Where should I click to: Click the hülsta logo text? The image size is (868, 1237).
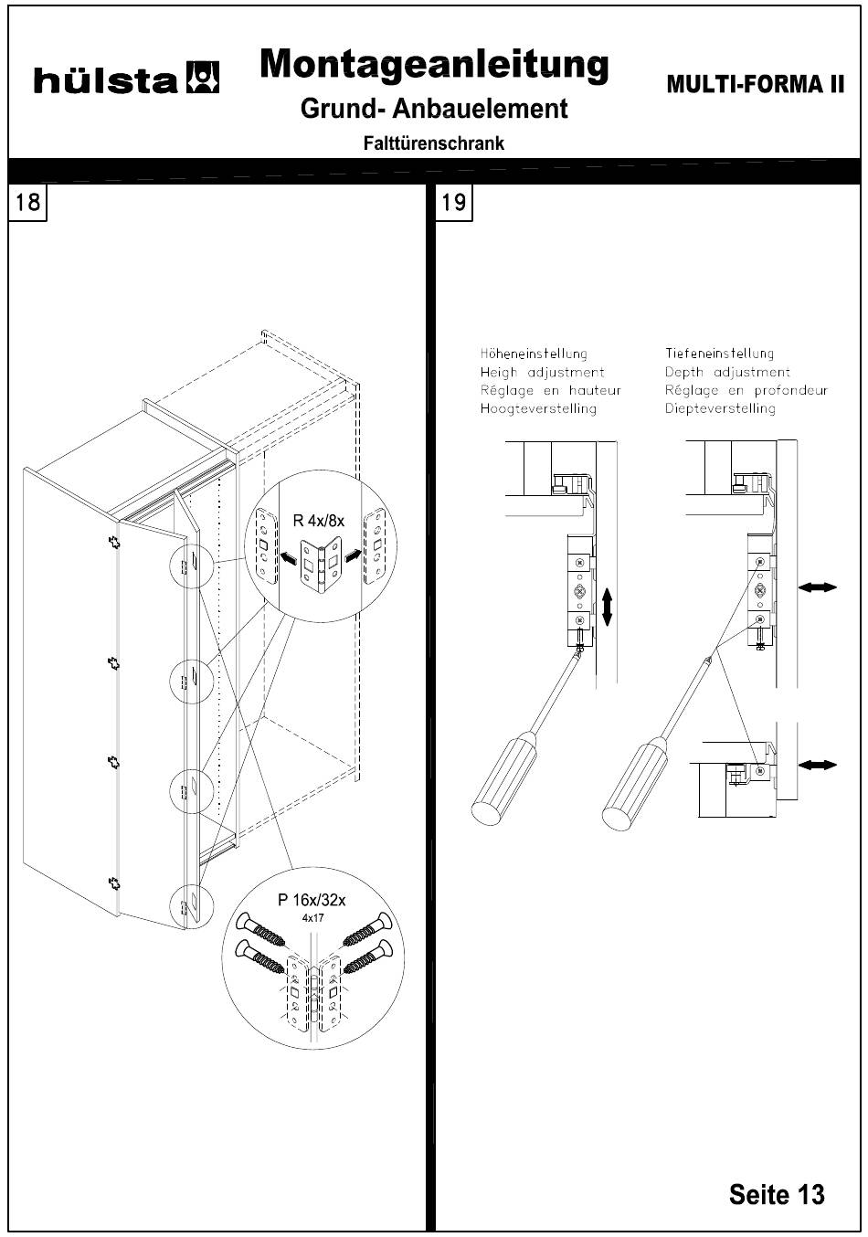click(x=105, y=80)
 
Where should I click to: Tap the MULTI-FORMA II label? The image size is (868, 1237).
click(x=756, y=84)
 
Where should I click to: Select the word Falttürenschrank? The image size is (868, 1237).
click(x=433, y=143)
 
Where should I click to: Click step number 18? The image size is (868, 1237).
click(x=28, y=202)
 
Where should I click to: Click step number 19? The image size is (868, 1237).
click(x=453, y=202)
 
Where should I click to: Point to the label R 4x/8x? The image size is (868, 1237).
click(x=318, y=521)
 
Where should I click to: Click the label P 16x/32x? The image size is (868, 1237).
click(x=312, y=901)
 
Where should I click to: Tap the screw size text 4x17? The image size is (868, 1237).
click(x=312, y=918)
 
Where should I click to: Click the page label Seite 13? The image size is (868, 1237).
click(x=776, y=1194)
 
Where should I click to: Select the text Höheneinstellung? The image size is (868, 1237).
click(x=534, y=354)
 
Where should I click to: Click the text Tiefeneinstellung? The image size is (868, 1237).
click(x=719, y=354)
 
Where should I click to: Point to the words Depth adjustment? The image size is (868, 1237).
click(x=727, y=372)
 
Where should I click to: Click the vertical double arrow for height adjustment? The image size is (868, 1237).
click(x=607, y=607)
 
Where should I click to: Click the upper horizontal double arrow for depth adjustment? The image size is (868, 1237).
click(x=817, y=588)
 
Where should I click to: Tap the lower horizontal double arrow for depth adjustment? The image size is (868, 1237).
click(x=817, y=764)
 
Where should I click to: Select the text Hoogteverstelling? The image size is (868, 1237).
click(x=538, y=408)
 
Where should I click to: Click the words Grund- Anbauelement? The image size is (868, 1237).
click(x=434, y=109)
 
